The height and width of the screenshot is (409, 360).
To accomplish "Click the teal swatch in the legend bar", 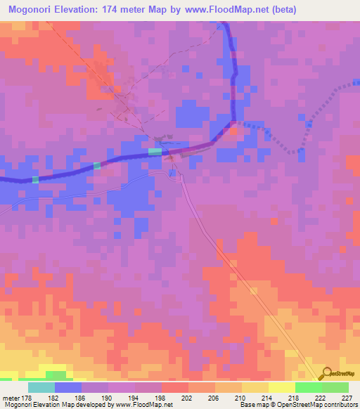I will (41, 388).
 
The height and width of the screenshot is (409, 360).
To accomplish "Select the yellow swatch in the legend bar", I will (281, 388).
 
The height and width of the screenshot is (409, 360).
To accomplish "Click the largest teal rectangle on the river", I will (155, 151).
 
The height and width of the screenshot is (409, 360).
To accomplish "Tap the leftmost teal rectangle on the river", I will (35, 179).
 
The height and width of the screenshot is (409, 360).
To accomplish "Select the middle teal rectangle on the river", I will (97, 166).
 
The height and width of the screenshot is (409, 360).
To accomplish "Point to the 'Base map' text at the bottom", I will (250, 405).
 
